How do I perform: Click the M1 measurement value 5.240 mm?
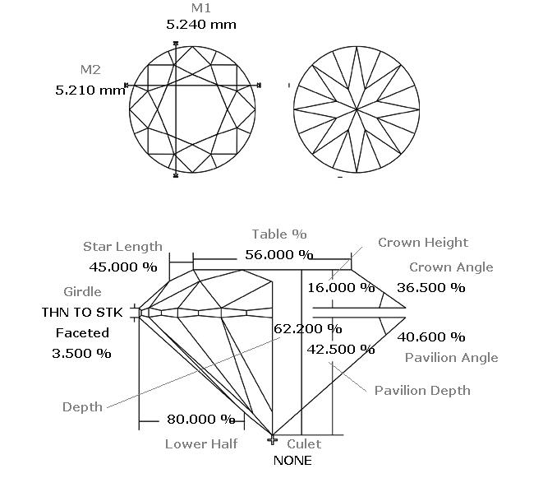pyautogui.click(x=201, y=25)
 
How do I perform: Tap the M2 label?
pyautogui.click(x=90, y=70)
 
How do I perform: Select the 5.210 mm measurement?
pyautogui.click(x=90, y=90)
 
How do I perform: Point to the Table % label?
pyautogui.click(x=279, y=234)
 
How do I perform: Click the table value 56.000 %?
pyautogui.click(x=279, y=255)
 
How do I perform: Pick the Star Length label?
pyautogui.click(x=122, y=247)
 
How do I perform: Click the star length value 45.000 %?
pyautogui.click(x=123, y=267)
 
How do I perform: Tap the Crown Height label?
pyautogui.click(x=423, y=243)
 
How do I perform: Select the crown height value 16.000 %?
pyautogui.click(x=341, y=288)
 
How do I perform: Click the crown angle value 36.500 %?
pyautogui.click(x=430, y=288)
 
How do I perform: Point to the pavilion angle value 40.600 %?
pyautogui.click(x=430, y=336)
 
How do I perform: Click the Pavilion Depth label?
pyautogui.click(x=422, y=391)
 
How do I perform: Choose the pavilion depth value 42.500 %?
pyautogui.click(x=341, y=350)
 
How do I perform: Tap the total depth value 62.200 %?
pyautogui.click(x=308, y=328)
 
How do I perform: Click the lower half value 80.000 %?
pyautogui.click(x=201, y=420)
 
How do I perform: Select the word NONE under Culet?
pyautogui.click(x=292, y=461)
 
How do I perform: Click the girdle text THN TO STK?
pyautogui.click(x=82, y=312)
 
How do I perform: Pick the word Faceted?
pyautogui.click(x=82, y=333)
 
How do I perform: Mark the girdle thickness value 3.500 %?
pyautogui.click(x=81, y=354)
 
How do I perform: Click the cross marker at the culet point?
pyautogui.click(x=273, y=440)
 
